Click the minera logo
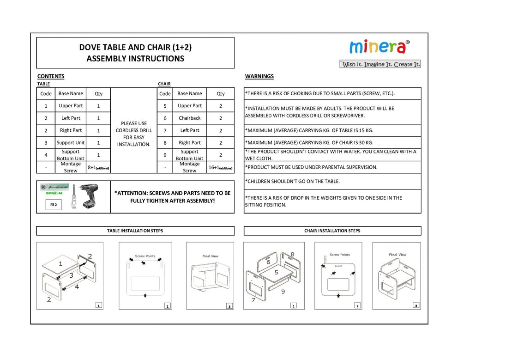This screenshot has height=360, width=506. coord(378,47)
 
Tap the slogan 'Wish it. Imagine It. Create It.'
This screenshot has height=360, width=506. coord(380,64)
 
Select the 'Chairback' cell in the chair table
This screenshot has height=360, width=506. coord(190,118)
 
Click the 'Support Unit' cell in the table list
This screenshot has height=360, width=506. coord(71,143)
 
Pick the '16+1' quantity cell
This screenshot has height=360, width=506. coord(220,167)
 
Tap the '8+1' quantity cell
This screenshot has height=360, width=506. coord(98,167)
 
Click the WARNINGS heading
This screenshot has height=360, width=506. coord(259,76)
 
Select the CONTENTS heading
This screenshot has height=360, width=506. coord(51,76)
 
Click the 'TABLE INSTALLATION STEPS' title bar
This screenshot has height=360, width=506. coord(135,231)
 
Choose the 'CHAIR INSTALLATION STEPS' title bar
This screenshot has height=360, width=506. coord(332,231)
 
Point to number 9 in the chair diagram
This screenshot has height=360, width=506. coord(283,292)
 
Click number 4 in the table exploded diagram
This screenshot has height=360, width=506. coord(77,287)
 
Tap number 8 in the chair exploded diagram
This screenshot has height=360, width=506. coord(292,254)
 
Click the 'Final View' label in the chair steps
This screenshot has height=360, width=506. coord(398,255)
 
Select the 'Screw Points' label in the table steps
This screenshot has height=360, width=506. coord(145,256)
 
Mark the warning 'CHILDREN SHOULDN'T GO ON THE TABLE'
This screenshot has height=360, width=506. coord(293,182)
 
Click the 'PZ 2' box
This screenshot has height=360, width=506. coord(53,205)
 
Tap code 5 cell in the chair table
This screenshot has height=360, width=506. coord(165,106)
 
